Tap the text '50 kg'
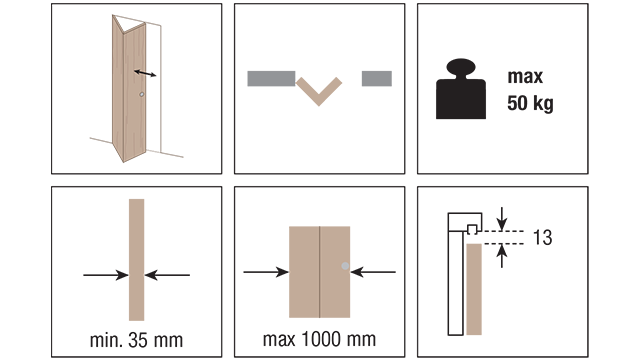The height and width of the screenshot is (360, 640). pyautogui.click(x=530, y=103)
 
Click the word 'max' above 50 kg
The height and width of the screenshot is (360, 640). pyautogui.click(x=525, y=77)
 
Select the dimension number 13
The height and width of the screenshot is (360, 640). pyautogui.click(x=542, y=237)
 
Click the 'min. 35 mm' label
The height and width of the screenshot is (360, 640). pyautogui.click(x=136, y=340)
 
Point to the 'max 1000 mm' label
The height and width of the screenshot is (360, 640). pyautogui.click(x=319, y=339)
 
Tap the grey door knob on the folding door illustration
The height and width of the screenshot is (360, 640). pyautogui.click(x=142, y=94)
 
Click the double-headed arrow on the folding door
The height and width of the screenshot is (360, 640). pyautogui.click(x=145, y=73)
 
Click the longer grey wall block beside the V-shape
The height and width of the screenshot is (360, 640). pyautogui.click(x=271, y=79)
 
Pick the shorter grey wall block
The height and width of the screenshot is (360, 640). pyautogui.click(x=377, y=79)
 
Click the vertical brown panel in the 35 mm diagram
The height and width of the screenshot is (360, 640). pyautogui.click(x=136, y=260)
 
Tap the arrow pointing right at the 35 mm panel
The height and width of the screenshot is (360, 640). pyautogui.click(x=106, y=275)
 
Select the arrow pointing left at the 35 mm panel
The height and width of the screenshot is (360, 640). pyautogui.click(x=167, y=275)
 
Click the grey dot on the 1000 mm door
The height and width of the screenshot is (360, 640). pyautogui.click(x=345, y=266)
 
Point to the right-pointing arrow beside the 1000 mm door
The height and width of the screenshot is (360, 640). pyautogui.click(x=266, y=272)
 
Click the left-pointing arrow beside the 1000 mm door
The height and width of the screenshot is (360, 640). pyautogui.click(x=373, y=272)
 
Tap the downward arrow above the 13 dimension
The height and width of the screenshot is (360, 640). pyautogui.click(x=502, y=219)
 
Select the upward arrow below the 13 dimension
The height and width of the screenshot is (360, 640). pyautogui.click(x=502, y=256)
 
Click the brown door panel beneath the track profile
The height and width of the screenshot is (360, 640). pyautogui.click(x=474, y=289)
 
